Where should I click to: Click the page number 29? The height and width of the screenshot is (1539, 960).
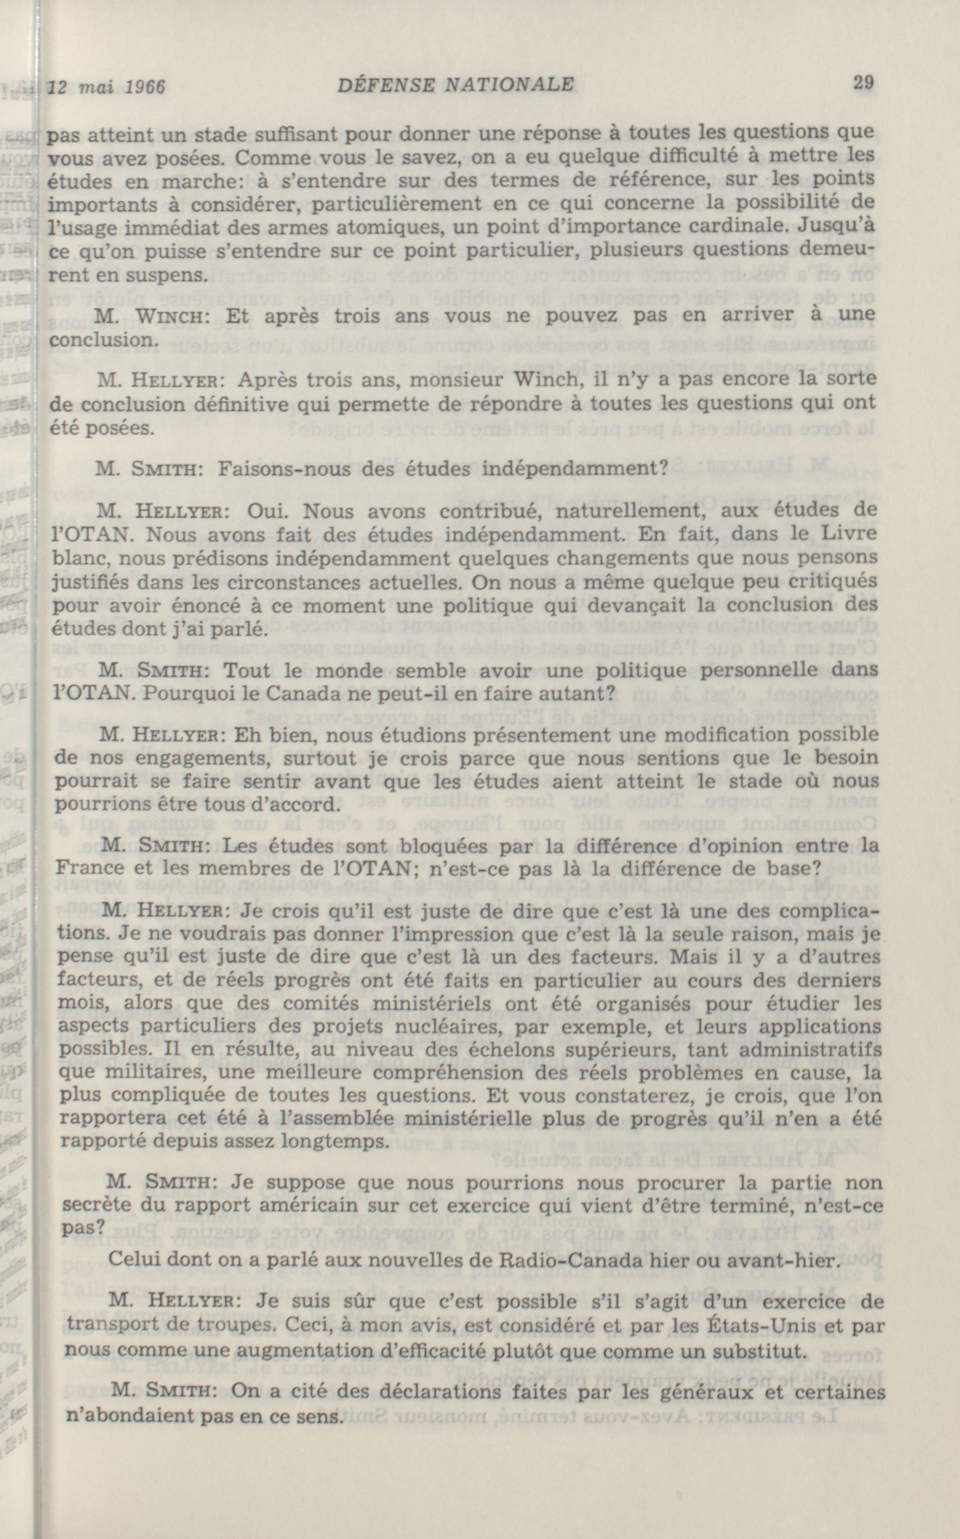point(864,82)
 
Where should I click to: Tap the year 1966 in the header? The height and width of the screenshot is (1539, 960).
point(145,86)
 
